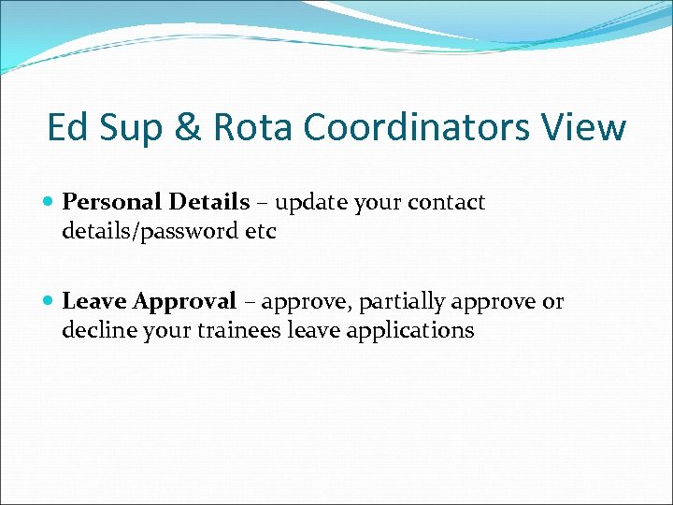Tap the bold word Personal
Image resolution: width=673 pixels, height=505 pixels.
[111, 202]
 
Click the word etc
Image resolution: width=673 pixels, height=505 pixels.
[261, 231]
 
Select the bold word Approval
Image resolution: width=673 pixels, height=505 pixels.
[184, 301]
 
